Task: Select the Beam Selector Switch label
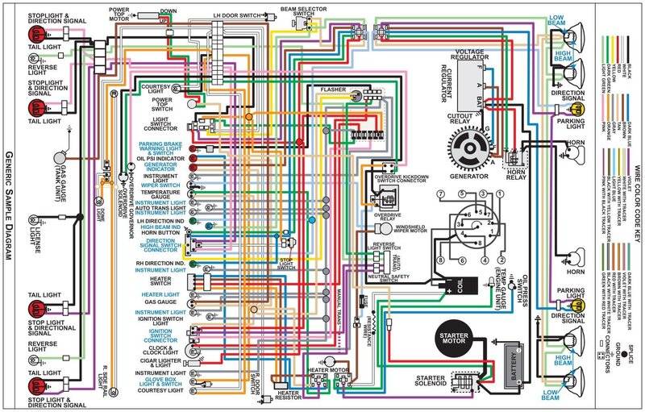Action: (x=298, y=10)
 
